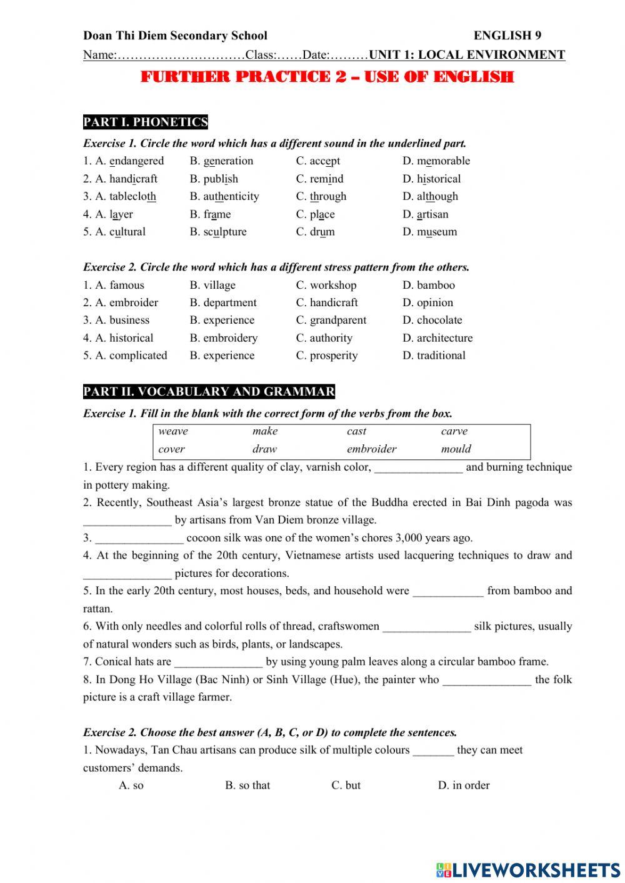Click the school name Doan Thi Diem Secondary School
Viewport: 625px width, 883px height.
[x=175, y=36]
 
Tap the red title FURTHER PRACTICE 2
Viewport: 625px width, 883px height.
[x=327, y=77]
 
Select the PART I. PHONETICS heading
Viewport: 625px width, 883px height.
[x=145, y=122]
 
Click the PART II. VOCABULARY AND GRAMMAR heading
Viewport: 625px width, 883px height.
[x=209, y=392]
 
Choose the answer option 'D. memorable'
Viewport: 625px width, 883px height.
[x=436, y=161]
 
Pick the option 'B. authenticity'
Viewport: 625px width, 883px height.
[x=224, y=196]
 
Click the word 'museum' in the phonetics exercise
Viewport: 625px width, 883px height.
[x=437, y=232]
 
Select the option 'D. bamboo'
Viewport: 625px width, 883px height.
[x=429, y=285]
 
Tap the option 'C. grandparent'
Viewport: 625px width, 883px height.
[x=331, y=320]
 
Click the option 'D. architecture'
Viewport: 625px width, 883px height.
[x=437, y=338]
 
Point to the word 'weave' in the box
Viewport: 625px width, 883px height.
[x=173, y=431]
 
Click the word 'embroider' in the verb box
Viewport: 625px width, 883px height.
[x=371, y=449]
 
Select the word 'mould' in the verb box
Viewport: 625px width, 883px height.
[x=456, y=449]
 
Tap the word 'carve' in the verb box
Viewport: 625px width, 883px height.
[x=454, y=431]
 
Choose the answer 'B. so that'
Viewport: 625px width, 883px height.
[x=247, y=786]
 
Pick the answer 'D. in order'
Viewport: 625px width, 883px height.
[x=463, y=786]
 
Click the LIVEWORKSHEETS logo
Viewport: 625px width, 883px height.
[x=528, y=869]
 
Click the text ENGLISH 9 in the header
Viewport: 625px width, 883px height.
[x=507, y=36]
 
